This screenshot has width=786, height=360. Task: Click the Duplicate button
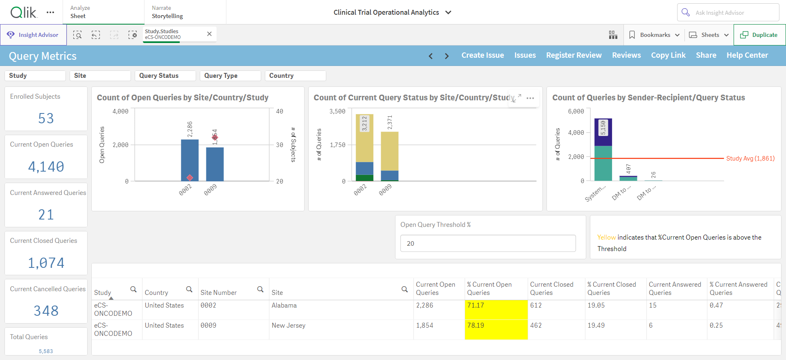(x=759, y=35)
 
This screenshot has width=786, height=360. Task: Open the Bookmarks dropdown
(x=654, y=35)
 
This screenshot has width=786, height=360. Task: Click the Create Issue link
(x=483, y=55)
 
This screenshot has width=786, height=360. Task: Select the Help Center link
(x=747, y=55)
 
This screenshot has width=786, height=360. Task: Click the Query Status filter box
(x=165, y=76)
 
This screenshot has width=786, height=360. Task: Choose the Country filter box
(x=296, y=76)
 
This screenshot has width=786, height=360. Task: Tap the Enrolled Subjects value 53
(x=46, y=118)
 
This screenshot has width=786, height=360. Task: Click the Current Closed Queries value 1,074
(x=46, y=263)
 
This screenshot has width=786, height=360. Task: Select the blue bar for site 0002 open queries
(x=190, y=160)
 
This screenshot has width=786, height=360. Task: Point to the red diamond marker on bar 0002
(x=190, y=177)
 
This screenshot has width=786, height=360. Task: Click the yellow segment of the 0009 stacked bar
(x=390, y=151)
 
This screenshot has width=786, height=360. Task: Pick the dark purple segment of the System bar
(x=603, y=132)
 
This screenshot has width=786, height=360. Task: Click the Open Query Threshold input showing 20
(x=488, y=243)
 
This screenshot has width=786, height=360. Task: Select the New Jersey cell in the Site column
(x=289, y=326)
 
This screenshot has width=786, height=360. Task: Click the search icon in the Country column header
(x=189, y=289)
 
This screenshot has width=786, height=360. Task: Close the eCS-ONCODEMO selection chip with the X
(x=209, y=34)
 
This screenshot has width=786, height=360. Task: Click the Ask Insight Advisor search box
(x=728, y=12)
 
